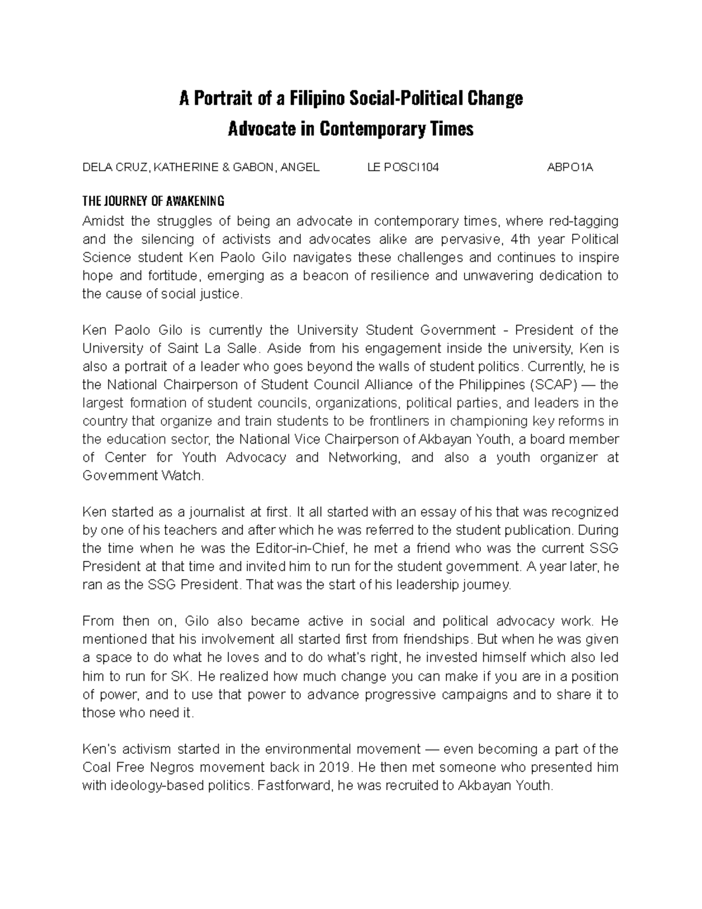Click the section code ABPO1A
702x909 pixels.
tap(570, 168)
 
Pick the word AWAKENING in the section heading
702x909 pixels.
tap(195, 202)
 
